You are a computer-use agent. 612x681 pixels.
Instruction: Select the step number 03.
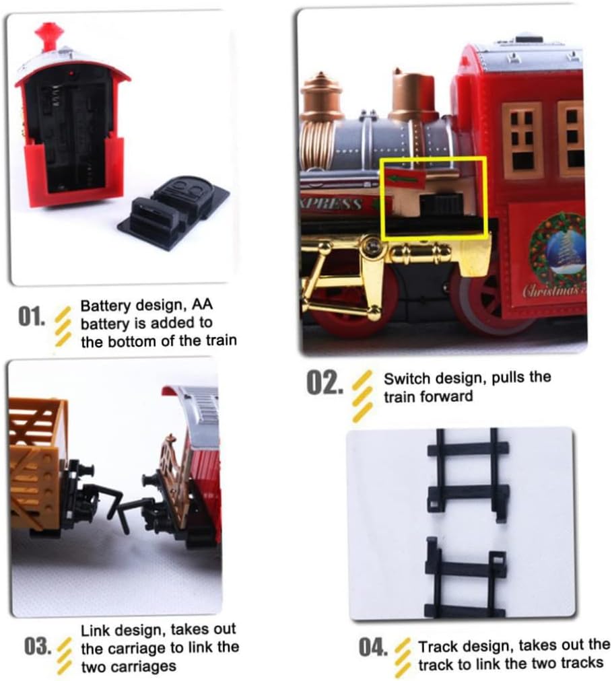[38, 647]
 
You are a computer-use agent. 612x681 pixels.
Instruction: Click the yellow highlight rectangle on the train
[434, 198]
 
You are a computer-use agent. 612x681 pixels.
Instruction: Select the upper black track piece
[468, 474]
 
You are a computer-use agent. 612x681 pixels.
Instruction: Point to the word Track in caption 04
[437, 647]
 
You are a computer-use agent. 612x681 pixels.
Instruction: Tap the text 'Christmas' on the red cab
[549, 291]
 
